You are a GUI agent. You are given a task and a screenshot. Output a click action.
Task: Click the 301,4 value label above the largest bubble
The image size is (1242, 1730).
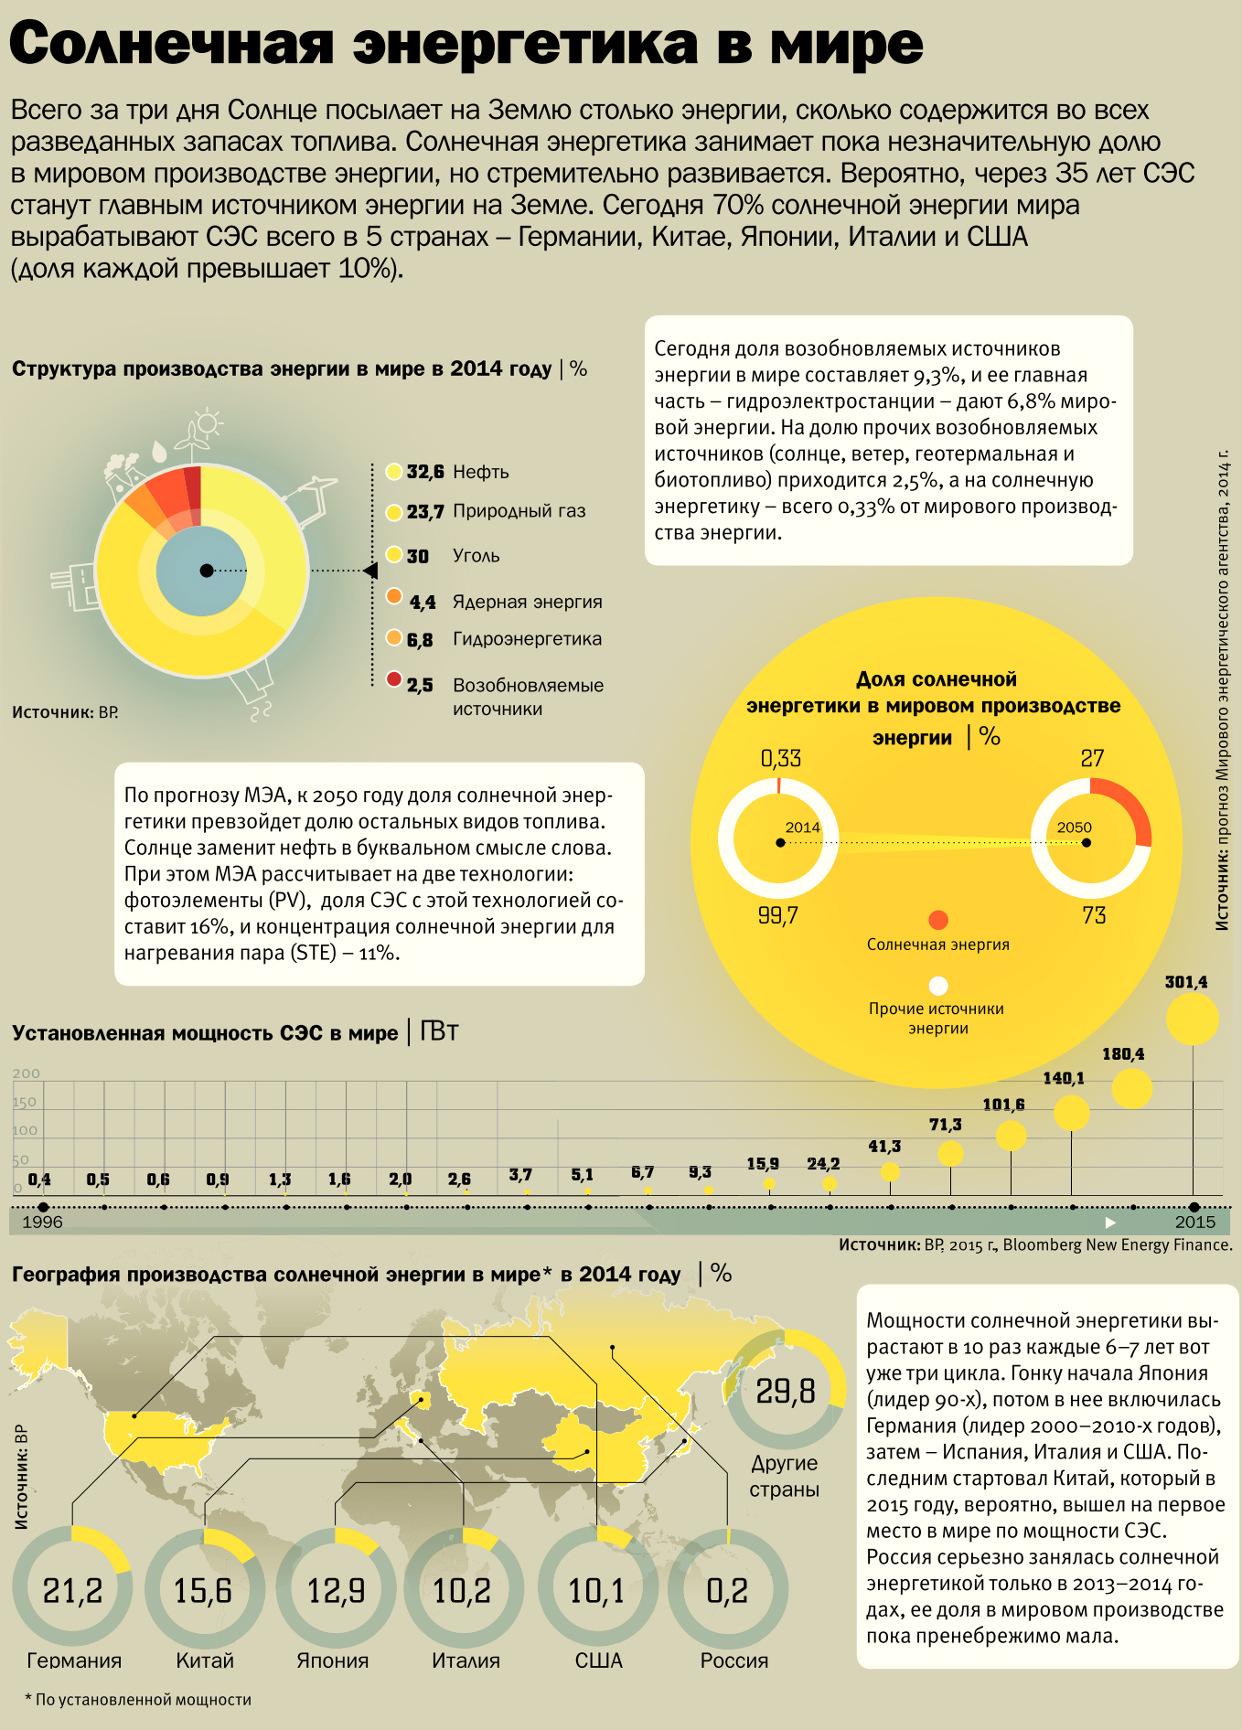coord(1185,982)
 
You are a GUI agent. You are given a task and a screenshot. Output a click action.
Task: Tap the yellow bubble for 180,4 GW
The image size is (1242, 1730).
coord(1131,1088)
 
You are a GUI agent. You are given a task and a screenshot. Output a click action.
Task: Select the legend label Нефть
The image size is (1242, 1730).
coord(481,472)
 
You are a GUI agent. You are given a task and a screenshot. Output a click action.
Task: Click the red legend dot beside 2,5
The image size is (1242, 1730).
coord(394,679)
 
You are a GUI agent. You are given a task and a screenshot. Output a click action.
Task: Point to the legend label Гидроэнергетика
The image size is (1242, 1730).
coord(527,639)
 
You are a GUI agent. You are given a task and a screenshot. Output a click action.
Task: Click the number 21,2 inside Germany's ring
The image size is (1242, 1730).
coord(72,1591)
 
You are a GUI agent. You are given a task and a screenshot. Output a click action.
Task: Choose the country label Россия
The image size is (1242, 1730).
coord(733,1661)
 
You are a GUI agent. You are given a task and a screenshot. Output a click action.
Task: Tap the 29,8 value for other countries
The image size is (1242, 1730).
coord(785,1392)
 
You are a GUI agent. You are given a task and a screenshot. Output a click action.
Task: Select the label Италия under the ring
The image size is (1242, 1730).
coord(466,1661)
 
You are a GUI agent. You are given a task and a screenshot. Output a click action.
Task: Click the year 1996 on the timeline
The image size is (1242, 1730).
coord(42,1223)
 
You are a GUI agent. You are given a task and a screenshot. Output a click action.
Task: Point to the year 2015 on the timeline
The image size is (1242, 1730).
coord(1194,1223)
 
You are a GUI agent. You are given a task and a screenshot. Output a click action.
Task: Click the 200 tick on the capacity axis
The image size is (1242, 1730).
coord(26,1073)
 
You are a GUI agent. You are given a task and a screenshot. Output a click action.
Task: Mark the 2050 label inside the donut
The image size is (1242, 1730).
coord(1075,828)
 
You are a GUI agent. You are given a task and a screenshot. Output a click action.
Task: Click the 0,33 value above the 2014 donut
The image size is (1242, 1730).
coord(780,758)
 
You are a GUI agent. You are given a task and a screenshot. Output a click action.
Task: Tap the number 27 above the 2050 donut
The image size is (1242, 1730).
coord(1092,758)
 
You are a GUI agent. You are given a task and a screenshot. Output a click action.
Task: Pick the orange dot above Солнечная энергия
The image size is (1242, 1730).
coord(937,920)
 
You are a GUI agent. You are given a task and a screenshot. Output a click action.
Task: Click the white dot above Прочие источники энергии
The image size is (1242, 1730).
coord(937,986)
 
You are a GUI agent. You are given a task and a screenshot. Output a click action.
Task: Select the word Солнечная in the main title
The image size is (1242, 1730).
coord(171,43)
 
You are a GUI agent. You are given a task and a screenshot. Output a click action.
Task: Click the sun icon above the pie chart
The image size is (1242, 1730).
coord(209,422)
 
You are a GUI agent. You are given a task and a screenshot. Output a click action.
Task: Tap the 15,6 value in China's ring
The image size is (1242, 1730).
coord(204,1591)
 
